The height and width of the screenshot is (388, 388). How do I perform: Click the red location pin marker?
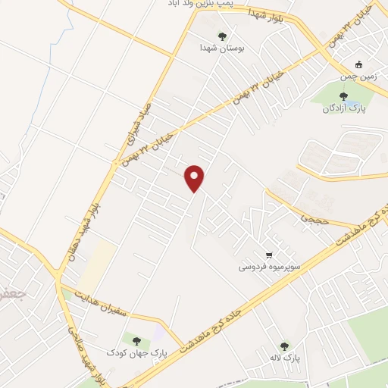pyautogui.click(x=196, y=177)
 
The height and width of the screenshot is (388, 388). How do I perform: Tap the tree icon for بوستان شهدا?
pyautogui.click(x=222, y=36)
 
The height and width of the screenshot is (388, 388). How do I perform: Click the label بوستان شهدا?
pyautogui.click(x=221, y=48)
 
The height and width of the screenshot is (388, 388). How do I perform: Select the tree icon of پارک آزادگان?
pyautogui.click(x=344, y=96)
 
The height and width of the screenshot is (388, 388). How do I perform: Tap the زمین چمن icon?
pyautogui.click(x=360, y=64)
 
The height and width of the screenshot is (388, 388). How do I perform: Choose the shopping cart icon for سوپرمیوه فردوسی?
pyautogui.click(x=269, y=255)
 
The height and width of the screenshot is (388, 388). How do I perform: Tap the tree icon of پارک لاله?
pyautogui.click(x=284, y=346)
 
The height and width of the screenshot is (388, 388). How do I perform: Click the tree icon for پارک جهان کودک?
pyautogui.click(x=136, y=341)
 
